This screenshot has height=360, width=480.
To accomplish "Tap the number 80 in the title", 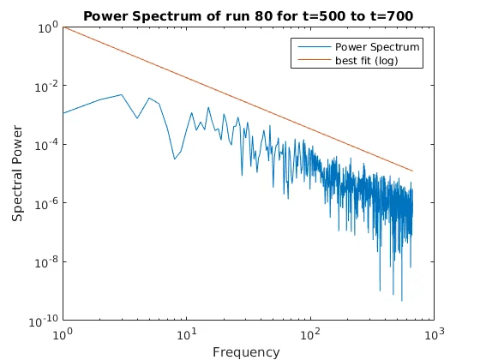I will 287,15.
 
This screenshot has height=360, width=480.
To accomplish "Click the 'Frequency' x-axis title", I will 246,351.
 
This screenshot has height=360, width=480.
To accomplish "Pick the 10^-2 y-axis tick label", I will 45,87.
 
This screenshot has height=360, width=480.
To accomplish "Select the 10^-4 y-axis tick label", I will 45,145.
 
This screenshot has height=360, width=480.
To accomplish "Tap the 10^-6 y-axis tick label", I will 45,203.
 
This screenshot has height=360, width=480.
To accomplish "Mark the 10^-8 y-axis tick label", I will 45,261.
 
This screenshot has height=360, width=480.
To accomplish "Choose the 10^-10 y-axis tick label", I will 43,321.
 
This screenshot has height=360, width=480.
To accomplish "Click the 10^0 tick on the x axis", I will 63,333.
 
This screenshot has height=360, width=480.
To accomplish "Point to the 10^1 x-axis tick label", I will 187,333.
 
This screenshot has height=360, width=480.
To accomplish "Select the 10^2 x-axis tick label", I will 310,333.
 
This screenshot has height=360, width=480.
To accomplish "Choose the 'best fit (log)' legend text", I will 367,60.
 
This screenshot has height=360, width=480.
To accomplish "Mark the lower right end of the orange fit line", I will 412,171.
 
